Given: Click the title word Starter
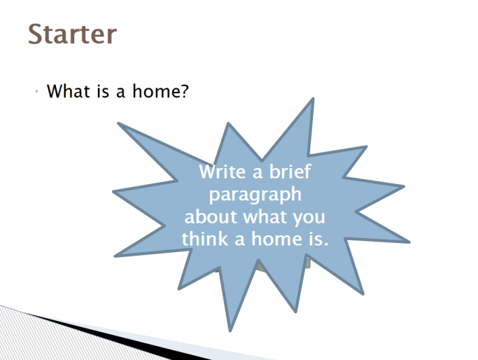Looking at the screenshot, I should coord(71,33).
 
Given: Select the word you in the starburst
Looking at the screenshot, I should coord(309,216).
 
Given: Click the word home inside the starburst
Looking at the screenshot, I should coord(271,238).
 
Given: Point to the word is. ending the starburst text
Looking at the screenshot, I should coord(314,238).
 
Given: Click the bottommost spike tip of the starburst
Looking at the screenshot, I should coord(229,329).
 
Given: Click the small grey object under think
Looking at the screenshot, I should coord(260,267).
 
